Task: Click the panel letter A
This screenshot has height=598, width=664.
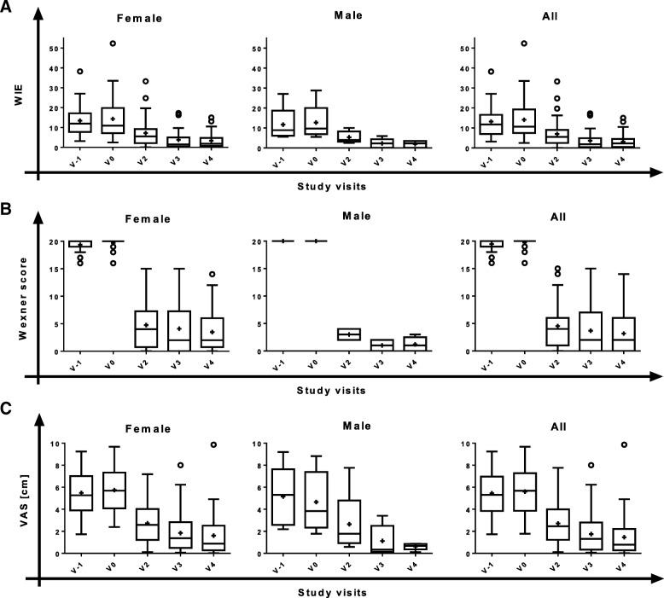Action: (x=8, y=8)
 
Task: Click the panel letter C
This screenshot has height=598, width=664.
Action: (x=8, y=408)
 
